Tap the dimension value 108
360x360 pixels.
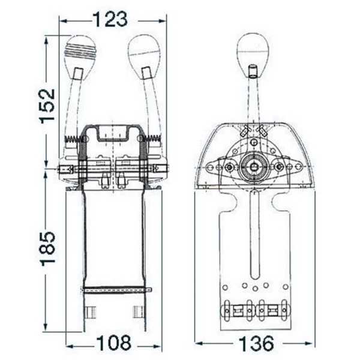click(x=114, y=344)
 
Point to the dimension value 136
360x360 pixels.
click(x=256, y=344)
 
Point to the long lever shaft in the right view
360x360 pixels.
click(x=254, y=102)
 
